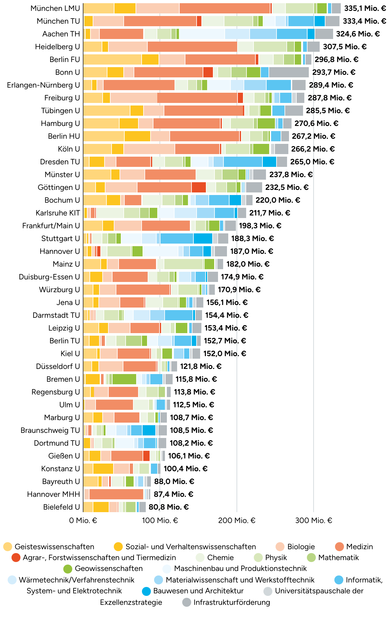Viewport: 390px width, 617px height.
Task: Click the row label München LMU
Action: pos(55,8)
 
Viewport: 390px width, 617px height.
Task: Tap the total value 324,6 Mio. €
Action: pos(358,34)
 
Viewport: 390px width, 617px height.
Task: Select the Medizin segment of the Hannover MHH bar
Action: pos(116,494)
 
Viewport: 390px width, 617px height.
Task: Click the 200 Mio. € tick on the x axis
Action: pos(237,520)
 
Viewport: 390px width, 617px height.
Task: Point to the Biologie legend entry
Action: pos(301,547)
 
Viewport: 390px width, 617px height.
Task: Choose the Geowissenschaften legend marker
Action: pos(68,569)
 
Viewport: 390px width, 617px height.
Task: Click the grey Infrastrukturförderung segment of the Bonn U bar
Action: pos(289,72)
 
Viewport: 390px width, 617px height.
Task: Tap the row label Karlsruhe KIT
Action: pos(58,213)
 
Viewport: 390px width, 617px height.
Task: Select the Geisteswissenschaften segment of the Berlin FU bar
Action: pos(112,59)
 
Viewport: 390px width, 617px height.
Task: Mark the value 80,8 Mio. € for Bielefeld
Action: pos(168,507)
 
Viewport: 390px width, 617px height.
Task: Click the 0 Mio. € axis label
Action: pos(83,520)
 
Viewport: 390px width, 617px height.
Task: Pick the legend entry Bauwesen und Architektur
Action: pos(198,591)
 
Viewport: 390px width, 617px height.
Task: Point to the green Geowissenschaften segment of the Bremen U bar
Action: pos(124,379)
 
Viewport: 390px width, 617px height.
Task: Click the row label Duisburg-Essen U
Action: pos(49,277)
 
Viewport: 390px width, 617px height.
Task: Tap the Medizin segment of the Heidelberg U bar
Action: pos(192,47)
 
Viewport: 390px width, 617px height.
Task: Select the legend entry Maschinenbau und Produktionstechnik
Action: pos(240,569)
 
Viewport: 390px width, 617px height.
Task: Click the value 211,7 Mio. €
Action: pos(269,213)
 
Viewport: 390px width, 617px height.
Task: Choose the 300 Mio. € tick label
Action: pos(314,520)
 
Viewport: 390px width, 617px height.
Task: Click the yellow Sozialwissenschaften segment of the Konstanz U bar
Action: pos(103,469)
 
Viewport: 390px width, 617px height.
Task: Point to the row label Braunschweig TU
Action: pos(50,430)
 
